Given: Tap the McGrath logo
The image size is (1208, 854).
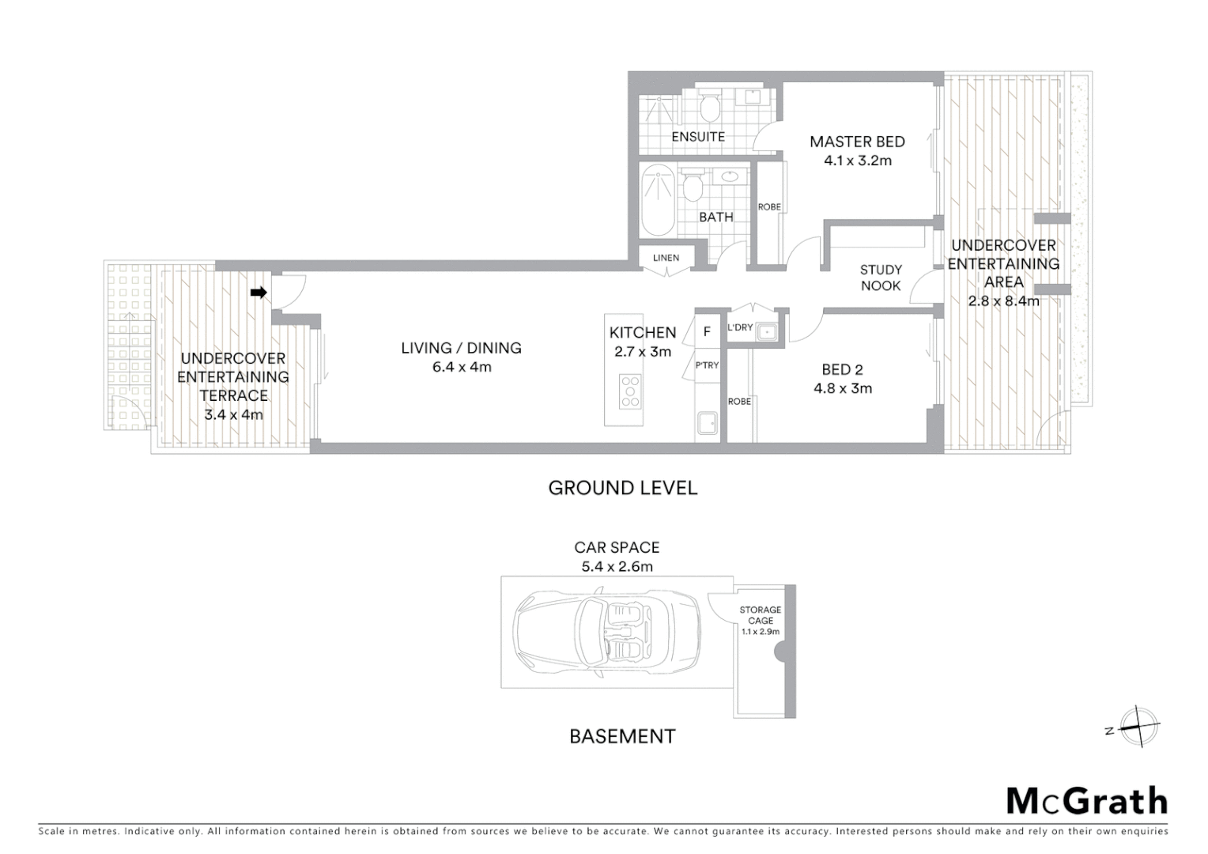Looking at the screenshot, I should (1086, 801).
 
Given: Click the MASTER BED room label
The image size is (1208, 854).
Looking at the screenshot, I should (857, 142).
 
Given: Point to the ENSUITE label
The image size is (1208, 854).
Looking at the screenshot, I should (698, 137).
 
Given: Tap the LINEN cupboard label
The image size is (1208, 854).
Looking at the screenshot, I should (666, 259).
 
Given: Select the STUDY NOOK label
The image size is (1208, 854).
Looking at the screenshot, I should (881, 278).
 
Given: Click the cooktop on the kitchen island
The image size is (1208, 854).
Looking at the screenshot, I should (630, 391).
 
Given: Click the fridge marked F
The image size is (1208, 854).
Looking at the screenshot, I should (708, 332).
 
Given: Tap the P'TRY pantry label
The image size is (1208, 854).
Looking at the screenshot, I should (707, 365).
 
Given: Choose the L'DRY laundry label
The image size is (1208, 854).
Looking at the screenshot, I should (740, 327).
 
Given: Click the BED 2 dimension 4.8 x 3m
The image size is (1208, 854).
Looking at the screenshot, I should (842, 388).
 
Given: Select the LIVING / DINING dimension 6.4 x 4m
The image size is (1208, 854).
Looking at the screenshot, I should (462, 367).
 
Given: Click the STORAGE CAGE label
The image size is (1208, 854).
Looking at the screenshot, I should (761, 615).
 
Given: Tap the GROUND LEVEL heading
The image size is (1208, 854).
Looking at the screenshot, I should (623, 488).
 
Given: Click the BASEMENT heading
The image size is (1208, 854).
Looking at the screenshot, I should (622, 736).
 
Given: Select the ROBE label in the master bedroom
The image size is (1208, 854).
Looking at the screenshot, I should (769, 207).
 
